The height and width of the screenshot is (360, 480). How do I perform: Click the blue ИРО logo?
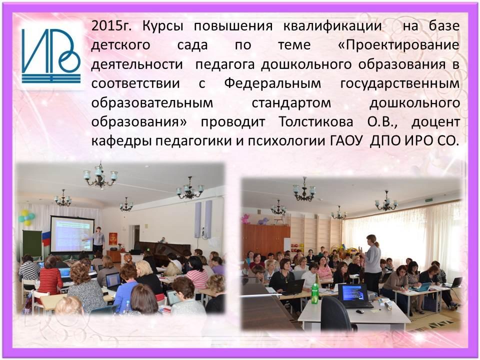tap(51, 56)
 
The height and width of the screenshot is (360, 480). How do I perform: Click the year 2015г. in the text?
tap(111, 25)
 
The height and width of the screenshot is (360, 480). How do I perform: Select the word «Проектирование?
tap(398, 45)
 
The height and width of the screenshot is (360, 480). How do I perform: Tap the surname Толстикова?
tap(315, 122)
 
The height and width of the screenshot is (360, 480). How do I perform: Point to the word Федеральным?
tap(272, 83)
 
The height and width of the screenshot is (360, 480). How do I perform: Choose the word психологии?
tap(286, 141)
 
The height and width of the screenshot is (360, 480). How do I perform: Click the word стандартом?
tap(291, 103)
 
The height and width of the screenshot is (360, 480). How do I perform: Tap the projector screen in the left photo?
tap(72, 234)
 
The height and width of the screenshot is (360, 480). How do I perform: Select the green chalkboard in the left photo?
tap(32, 243)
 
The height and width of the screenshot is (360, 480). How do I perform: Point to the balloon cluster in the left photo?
tap(26, 217)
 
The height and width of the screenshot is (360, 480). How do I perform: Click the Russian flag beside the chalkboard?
tap(46, 239)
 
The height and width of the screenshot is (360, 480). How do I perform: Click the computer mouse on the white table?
tap(360, 311)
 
